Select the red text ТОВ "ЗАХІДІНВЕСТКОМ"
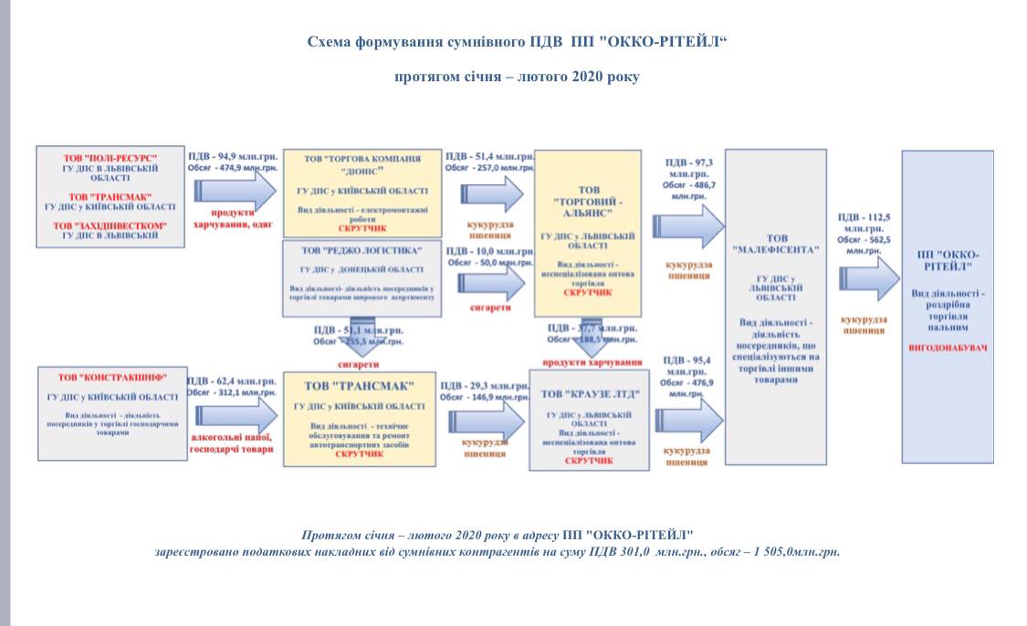(x=110, y=225)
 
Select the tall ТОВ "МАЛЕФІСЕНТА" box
(x=775, y=307)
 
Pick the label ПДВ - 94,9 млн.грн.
(x=233, y=156)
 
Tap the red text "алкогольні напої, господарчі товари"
(x=231, y=443)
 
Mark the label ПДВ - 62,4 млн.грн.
(x=231, y=381)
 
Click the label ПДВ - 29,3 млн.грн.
(x=484, y=386)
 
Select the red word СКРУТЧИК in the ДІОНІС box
(x=362, y=228)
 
